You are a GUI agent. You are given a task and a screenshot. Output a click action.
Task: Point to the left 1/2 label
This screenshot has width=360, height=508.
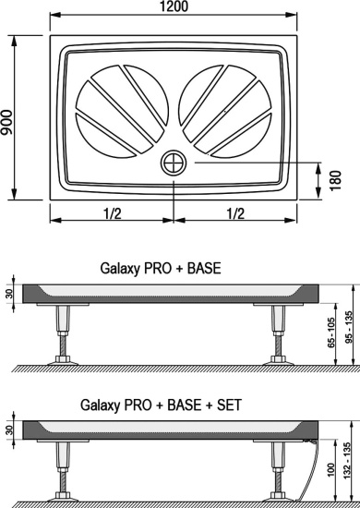112,213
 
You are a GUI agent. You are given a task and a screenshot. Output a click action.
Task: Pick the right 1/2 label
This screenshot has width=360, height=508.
234,213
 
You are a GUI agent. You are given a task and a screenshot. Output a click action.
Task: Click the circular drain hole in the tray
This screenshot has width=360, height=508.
173,163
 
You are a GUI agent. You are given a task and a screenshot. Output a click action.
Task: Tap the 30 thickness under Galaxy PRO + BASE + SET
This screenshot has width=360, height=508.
9,430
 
